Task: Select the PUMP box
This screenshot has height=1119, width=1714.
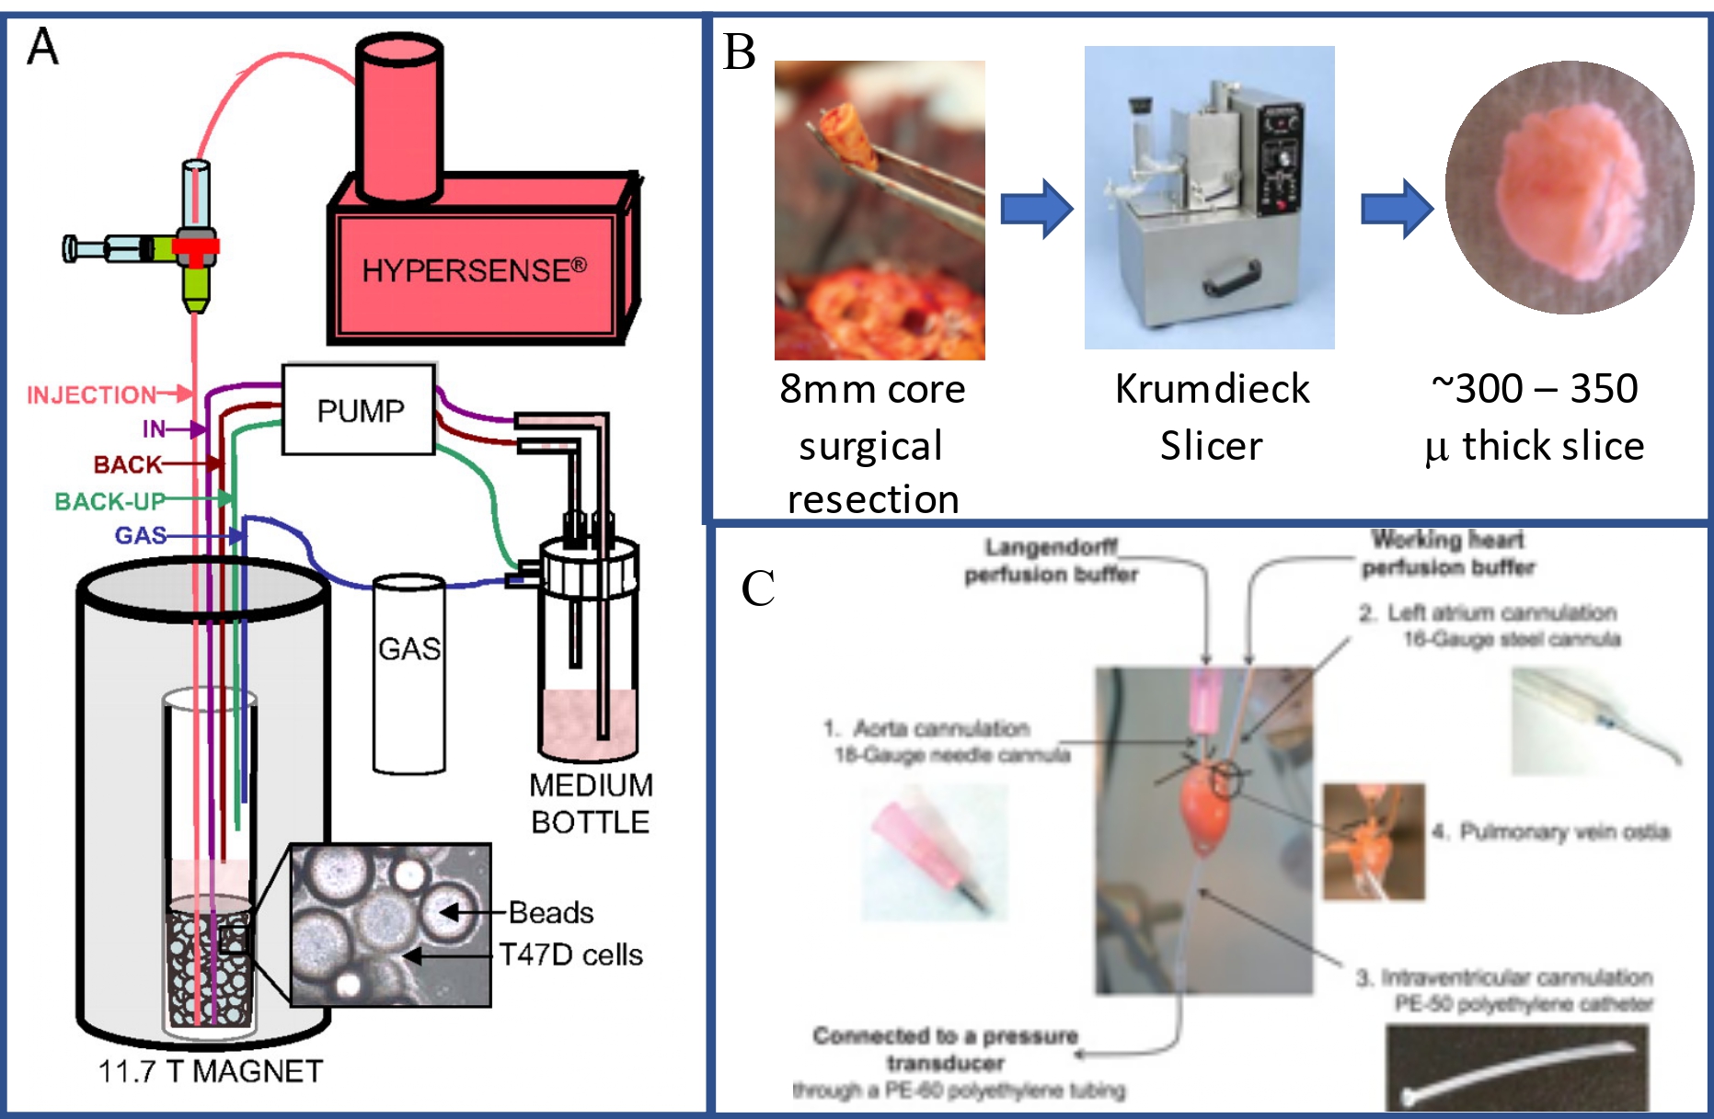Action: (359, 410)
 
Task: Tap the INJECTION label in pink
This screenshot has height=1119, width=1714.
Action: (91, 395)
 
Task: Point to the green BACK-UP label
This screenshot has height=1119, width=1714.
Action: (109, 501)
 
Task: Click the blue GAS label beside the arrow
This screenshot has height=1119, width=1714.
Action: (140, 535)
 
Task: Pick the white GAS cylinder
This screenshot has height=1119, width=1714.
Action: (409, 676)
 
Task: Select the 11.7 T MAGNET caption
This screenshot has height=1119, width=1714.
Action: (210, 1071)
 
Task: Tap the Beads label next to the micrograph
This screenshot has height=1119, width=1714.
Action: (550, 912)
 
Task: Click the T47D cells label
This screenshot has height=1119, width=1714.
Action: (570, 954)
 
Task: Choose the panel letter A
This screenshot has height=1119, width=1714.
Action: (42, 47)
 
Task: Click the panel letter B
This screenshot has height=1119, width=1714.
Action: (739, 52)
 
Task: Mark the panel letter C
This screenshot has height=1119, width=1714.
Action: (758, 588)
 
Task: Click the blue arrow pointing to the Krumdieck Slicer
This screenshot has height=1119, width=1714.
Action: (1036, 209)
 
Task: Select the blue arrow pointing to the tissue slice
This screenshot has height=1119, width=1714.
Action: (1396, 209)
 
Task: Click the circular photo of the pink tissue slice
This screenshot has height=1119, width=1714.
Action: (1569, 188)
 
